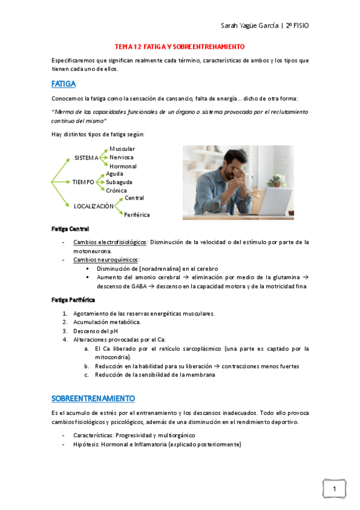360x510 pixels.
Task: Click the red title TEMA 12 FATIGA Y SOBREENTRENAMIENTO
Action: click(180, 46)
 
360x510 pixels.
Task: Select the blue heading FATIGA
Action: click(63, 84)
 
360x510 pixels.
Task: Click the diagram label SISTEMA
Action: click(87, 158)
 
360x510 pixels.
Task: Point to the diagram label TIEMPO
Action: click(84, 182)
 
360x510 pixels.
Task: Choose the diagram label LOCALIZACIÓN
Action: click(94, 206)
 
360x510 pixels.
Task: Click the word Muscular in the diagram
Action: click(122, 149)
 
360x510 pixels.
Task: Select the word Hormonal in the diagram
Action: click(123, 166)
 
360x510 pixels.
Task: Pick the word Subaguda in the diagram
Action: click(119, 182)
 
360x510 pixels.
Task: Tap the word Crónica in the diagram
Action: click(117, 190)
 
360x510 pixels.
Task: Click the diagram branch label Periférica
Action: click(137, 214)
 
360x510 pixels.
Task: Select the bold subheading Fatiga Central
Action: click(70, 229)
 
